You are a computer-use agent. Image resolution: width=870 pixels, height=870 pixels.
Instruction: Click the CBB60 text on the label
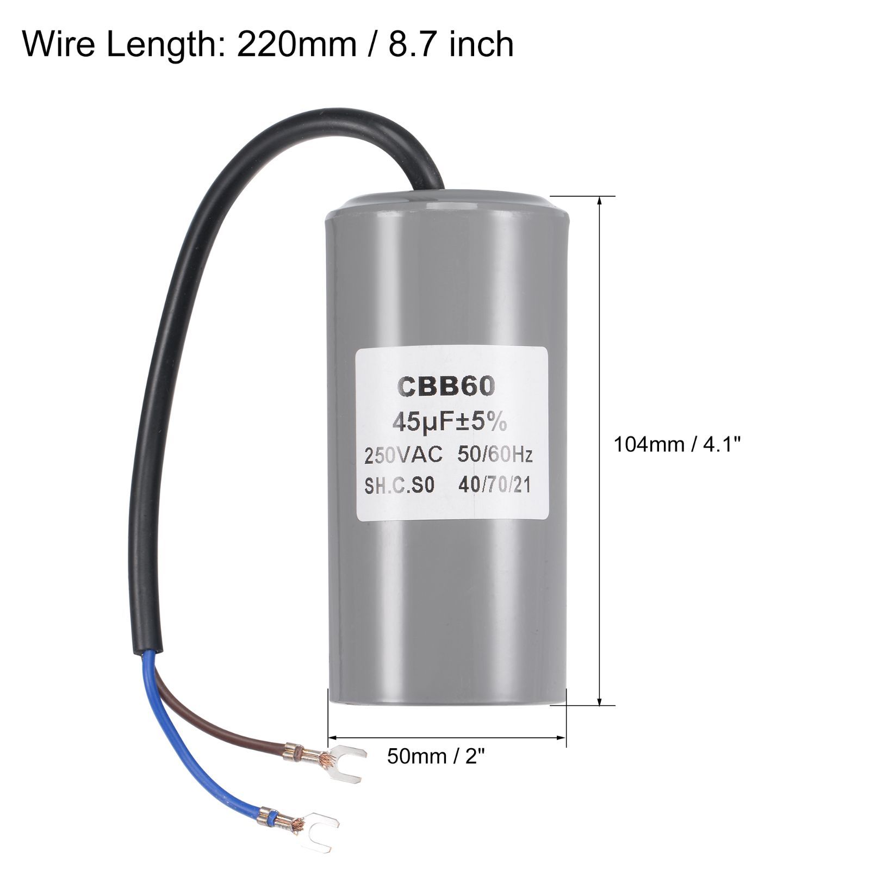click(x=447, y=387)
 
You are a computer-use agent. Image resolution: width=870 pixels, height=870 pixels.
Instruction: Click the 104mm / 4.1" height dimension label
click(x=678, y=445)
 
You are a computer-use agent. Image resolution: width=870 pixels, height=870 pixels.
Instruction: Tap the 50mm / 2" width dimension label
click(x=436, y=756)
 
